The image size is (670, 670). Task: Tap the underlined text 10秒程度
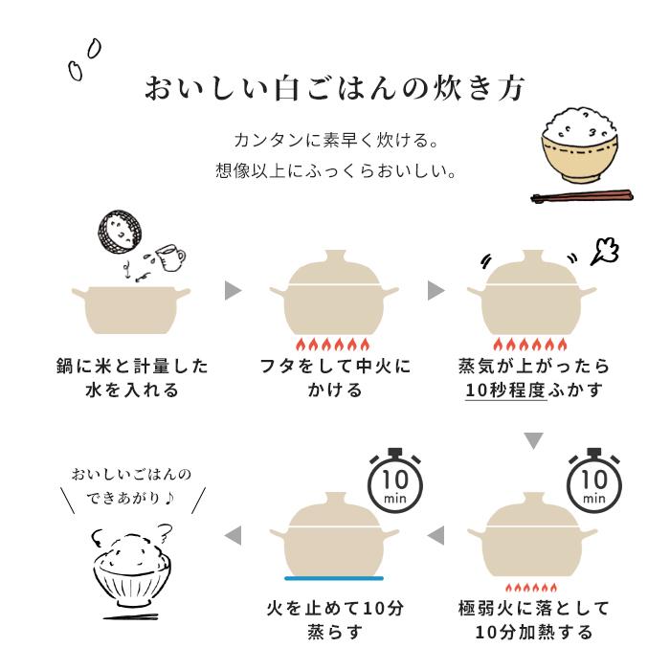[505, 391]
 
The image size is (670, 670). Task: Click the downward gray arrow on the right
[534, 441]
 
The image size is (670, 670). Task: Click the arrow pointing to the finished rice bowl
[233, 533]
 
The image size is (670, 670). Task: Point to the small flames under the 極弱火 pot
[534, 586]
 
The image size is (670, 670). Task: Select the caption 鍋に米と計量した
[132, 367]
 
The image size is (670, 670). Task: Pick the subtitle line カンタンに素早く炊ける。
[335, 141]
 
